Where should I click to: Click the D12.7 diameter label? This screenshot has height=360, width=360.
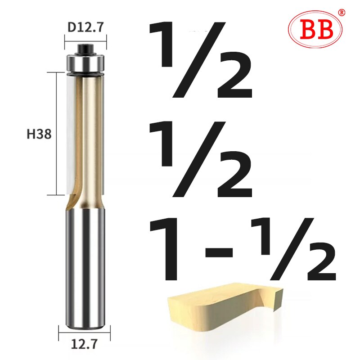tap(85, 27)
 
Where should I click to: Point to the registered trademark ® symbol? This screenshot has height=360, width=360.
tap(341, 12)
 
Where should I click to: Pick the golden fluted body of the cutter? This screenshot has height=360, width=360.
tap(90, 135)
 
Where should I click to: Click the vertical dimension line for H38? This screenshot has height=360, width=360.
tap(56, 134)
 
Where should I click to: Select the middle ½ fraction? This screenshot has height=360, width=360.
tap(202, 160)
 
